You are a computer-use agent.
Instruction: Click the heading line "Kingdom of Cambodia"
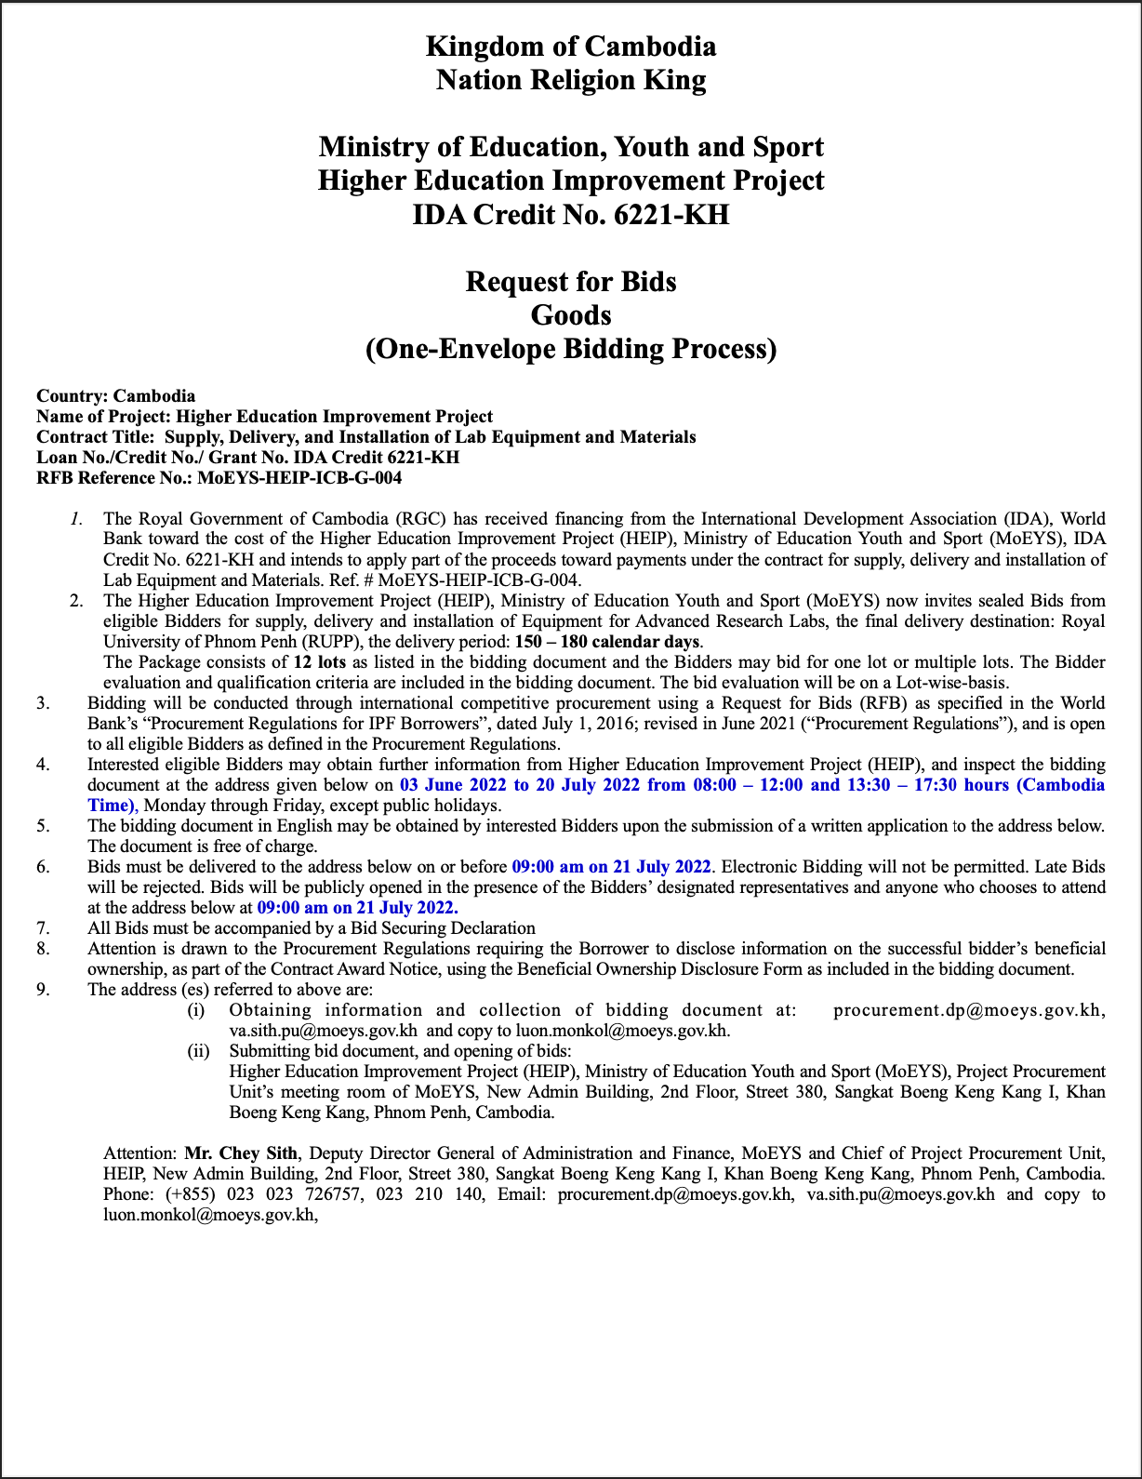[x=570, y=47]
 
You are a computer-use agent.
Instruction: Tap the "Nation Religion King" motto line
[x=570, y=80]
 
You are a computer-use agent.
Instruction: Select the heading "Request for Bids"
[x=570, y=281]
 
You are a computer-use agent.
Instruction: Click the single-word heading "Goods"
[x=570, y=315]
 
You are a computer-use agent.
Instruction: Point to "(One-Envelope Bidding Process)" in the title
[x=570, y=349]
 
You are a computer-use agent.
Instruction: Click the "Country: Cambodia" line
[x=115, y=396]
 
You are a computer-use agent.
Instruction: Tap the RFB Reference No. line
[x=219, y=478]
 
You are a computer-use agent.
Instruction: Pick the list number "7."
[x=43, y=928]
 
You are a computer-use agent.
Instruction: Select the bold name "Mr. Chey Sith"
[x=241, y=1153]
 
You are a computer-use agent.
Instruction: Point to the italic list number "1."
[x=77, y=519]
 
